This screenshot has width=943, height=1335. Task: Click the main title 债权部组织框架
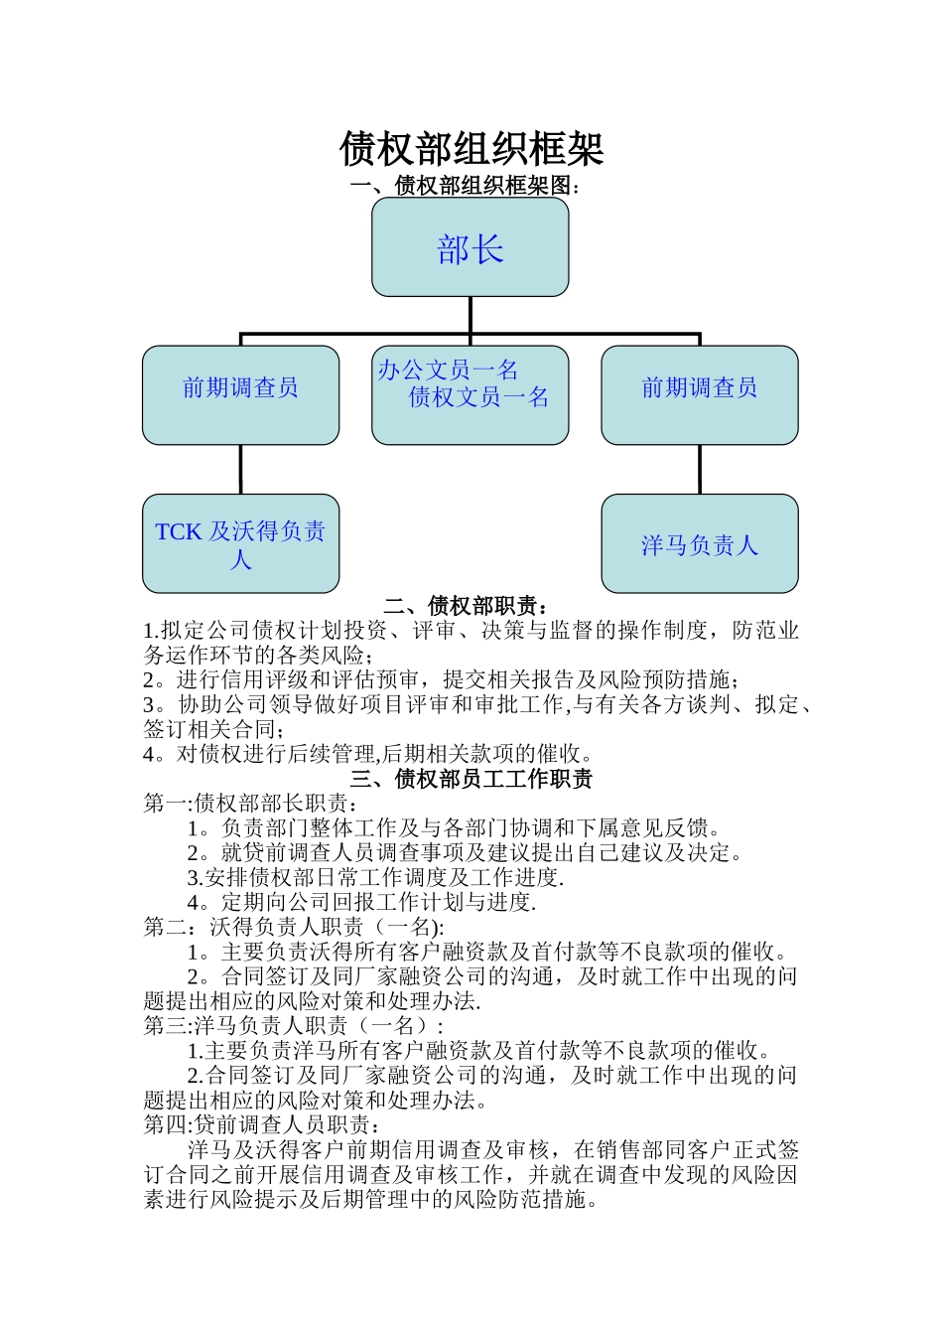(471, 149)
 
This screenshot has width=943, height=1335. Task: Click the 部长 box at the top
(471, 247)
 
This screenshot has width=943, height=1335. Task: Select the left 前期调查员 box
(240, 394)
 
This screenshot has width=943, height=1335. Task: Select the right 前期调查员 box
(700, 394)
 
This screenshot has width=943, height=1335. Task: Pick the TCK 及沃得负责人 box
(240, 544)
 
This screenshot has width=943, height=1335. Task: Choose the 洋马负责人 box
(700, 544)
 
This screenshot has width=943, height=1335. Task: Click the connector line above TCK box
(240, 469)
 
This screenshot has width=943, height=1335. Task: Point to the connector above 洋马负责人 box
(700, 469)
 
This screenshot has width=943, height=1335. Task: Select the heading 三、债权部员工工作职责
(471, 779)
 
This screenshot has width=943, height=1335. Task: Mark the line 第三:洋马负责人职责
(294, 1026)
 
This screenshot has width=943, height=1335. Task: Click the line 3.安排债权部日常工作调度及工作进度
(375, 878)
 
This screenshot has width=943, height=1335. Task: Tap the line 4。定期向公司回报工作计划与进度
(361, 903)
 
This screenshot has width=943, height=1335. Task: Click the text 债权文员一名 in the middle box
(478, 398)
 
